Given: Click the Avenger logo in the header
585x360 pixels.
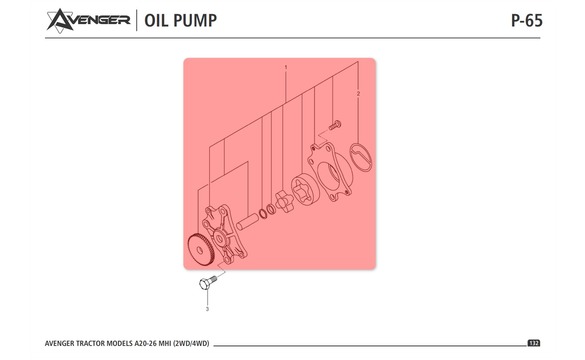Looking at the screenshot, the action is pos(88,20).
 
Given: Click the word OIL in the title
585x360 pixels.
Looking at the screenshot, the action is pos(156,20).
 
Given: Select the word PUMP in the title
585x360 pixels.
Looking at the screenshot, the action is pos(195,20).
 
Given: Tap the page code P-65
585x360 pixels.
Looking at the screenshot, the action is pos(527,20).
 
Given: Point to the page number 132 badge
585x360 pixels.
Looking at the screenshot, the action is pos(534,343).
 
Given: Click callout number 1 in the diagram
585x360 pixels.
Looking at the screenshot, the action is pos(286,67).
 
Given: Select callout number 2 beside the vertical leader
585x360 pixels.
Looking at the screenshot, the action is pos(358,94).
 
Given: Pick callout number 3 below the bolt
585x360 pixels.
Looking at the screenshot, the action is pos(207,309).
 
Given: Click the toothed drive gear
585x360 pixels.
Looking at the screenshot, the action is pos(201,250).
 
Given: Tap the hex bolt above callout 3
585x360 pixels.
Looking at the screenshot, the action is pos(208,282).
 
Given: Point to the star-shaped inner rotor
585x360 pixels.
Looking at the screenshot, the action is pos(284,201).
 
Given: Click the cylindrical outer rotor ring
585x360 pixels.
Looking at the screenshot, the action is pos(305,189).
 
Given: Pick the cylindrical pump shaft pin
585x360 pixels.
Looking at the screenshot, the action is pos(248,222).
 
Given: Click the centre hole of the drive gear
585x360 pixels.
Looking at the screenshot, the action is pos(200,251).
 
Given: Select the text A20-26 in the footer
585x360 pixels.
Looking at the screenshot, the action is pos(146,343).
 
